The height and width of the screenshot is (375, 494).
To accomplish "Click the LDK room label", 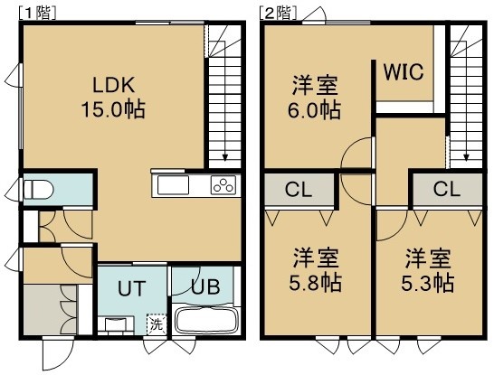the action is coord(114,85).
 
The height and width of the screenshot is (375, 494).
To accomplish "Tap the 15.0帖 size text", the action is coord(113,109).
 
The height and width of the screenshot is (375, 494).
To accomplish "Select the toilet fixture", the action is coord(38,189).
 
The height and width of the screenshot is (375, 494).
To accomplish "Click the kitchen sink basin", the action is coord(173,185).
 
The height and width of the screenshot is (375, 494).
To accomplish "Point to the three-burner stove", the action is coord(223,185).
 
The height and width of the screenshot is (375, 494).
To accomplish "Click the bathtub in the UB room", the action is coord(205,320).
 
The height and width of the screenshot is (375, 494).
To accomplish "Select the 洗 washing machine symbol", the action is coord(157,324).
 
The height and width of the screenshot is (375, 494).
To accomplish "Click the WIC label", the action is coord(404,72).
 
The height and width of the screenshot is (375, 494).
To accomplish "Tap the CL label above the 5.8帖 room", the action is coord(299,190).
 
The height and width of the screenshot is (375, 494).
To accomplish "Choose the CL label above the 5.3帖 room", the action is coord(446,190).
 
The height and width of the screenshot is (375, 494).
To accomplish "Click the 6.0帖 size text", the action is coord(314,110).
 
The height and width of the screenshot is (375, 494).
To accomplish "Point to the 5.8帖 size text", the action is coord(315,283).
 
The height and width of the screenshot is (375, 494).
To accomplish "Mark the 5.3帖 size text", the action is coord(427,283).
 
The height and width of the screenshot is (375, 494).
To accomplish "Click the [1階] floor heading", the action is coord(37,14).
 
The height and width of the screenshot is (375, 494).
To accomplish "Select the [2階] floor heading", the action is coord(278,14).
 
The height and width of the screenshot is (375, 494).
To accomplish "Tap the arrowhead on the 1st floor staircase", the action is coord(225,157).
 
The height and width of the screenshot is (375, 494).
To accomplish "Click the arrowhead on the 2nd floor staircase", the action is coord(466,157).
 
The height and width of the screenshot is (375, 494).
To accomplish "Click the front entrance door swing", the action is coord(58,354).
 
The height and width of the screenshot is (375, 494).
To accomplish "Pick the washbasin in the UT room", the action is coord(116,325).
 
